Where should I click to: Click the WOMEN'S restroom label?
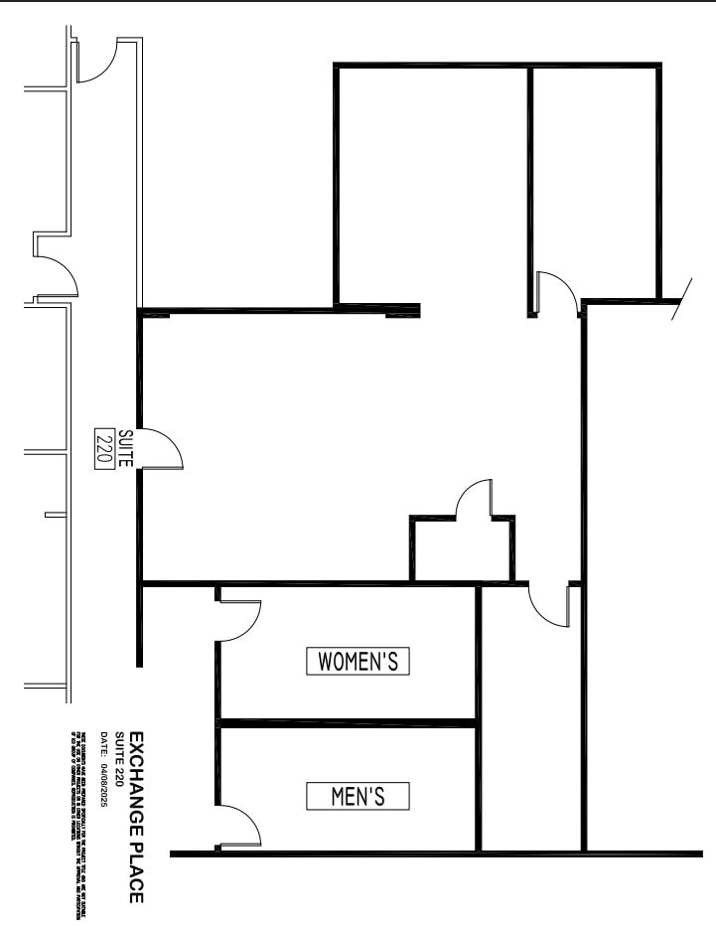point(358,661)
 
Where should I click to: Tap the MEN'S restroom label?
point(357,795)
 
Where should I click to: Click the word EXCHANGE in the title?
point(137,782)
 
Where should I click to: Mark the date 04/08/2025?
point(102,785)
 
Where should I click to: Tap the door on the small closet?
point(476,499)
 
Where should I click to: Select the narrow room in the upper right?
point(594,179)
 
